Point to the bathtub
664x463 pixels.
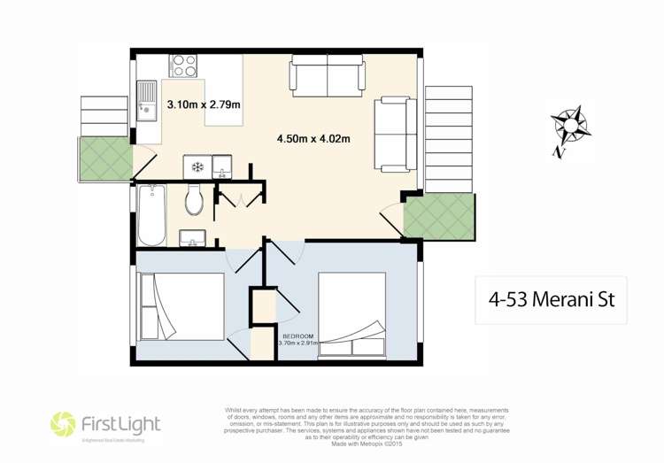(x=151, y=215)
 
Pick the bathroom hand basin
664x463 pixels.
(x=193, y=237)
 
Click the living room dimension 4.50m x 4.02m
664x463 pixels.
(x=313, y=138)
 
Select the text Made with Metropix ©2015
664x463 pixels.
(x=365, y=442)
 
